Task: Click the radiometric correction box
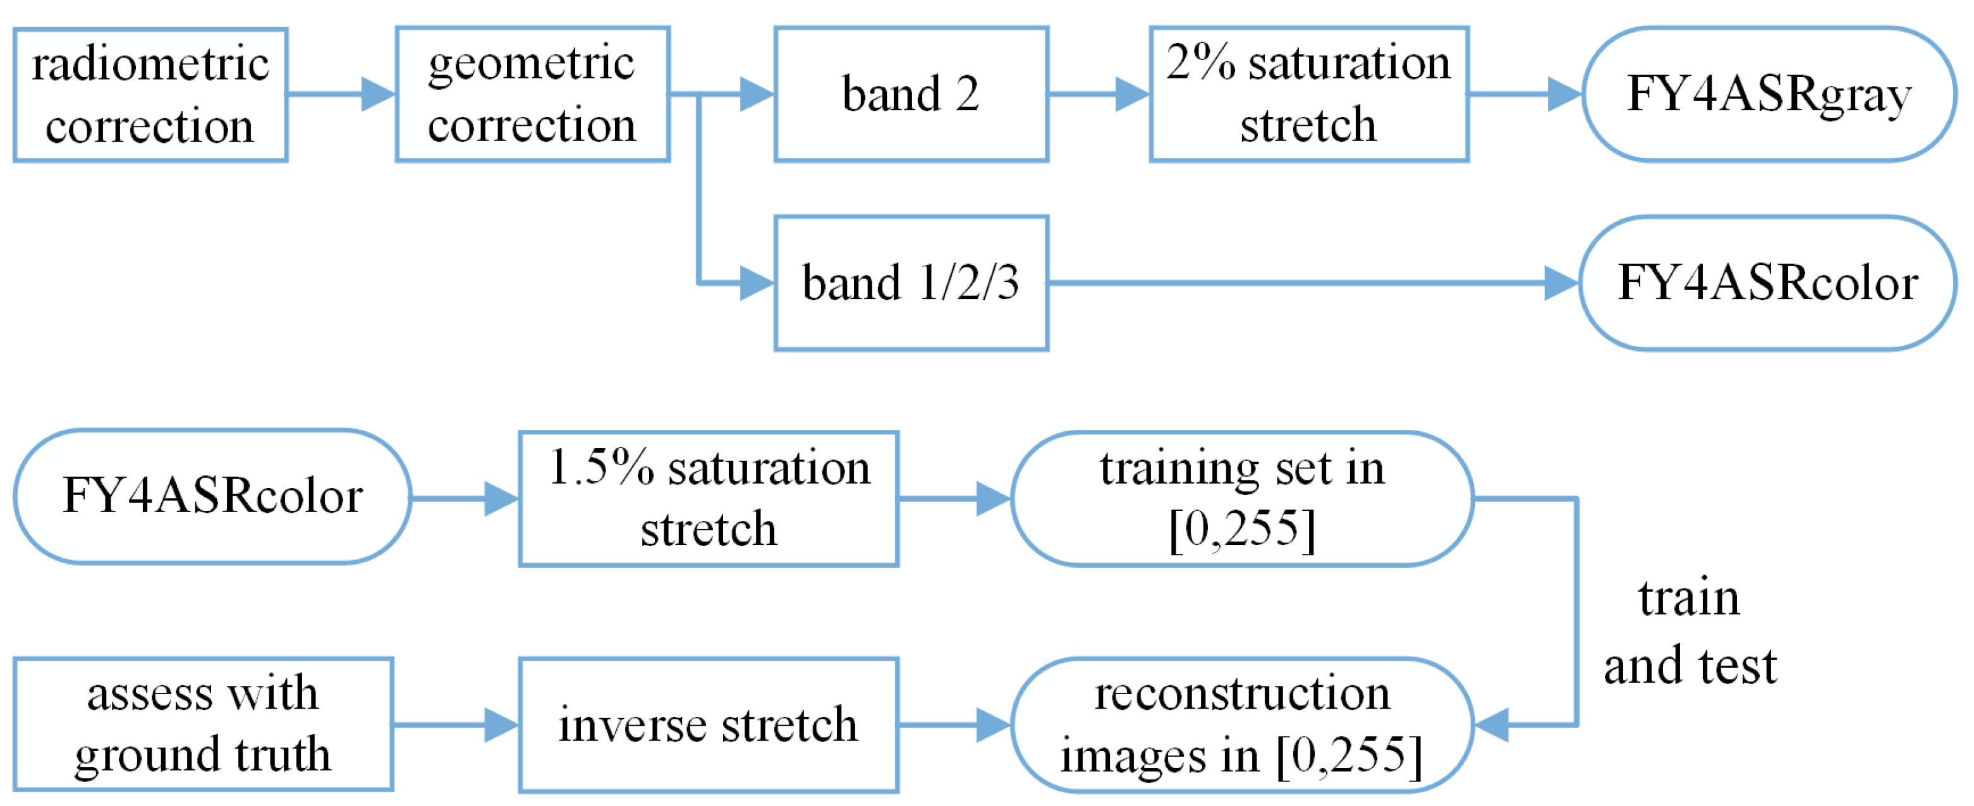click(x=150, y=95)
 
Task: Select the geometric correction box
click(x=533, y=94)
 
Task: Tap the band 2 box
click(x=911, y=94)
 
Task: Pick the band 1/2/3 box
click(x=911, y=283)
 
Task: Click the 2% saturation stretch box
click(x=1309, y=94)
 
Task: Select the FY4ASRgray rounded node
click(x=1769, y=94)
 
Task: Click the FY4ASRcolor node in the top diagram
click(x=1767, y=283)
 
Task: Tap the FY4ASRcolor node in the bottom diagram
click(x=212, y=496)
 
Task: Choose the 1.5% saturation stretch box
click(x=708, y=499)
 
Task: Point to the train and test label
click(x=1690, y=632)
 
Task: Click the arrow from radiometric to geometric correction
click(x=341, y=94)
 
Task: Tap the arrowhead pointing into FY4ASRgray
click(x=1565, y=94)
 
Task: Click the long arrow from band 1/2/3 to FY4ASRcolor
click(x=1303, y=283)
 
